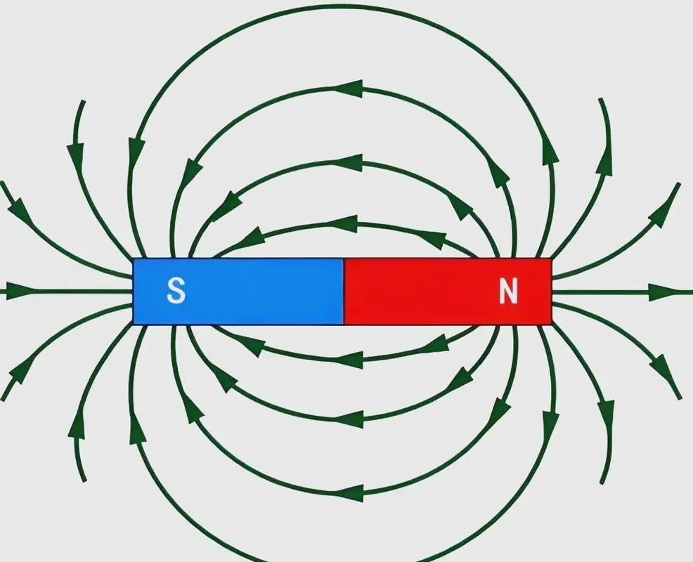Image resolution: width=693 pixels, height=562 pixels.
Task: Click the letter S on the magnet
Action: click(176, 291)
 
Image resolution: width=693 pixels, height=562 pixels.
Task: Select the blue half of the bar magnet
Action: click(239, 291)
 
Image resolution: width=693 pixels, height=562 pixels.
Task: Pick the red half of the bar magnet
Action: click(448, 291)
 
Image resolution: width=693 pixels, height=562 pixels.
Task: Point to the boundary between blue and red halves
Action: click(344, 291)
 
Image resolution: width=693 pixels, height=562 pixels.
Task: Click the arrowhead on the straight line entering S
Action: click(20, 291)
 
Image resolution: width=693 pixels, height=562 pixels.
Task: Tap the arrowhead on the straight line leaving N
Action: click(663, 292)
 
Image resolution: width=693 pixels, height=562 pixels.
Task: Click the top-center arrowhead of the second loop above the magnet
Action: click(349, 162)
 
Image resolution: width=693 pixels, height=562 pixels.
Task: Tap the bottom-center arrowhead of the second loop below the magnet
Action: click(349, 419)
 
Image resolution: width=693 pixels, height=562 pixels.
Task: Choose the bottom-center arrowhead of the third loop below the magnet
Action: click(349, 493)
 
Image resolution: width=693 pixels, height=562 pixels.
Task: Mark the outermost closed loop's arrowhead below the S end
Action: click(138, 428)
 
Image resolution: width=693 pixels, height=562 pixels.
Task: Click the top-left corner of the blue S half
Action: click(133, 259)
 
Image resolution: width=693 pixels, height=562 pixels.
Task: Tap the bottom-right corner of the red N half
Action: click(552, 325)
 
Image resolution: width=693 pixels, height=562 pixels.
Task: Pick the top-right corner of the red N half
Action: click(552, 259)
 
